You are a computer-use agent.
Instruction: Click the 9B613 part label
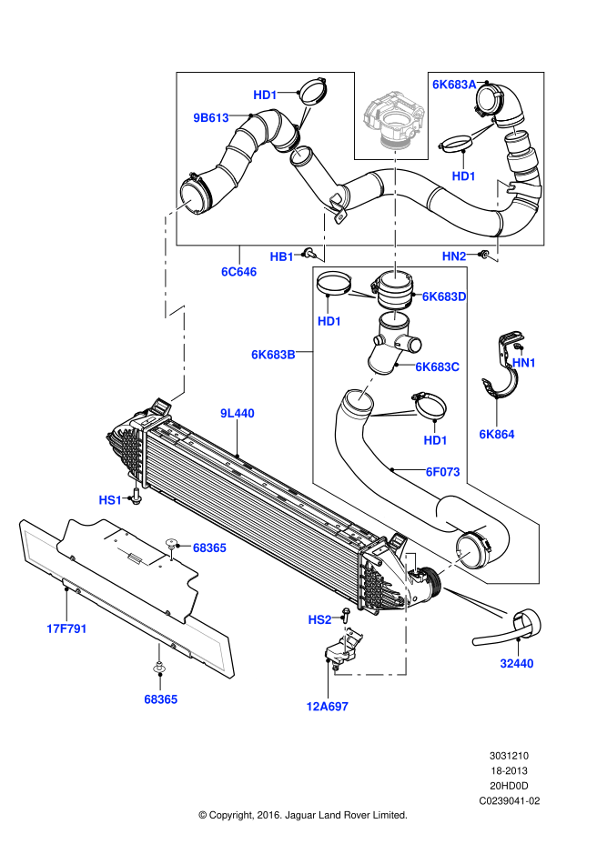[210, 117]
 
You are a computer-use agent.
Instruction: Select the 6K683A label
[454, 85]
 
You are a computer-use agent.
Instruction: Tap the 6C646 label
[238, 271]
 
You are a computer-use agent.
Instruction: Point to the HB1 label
[282, 256]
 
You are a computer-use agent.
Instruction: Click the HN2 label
[454, 256]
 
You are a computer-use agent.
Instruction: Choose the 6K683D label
[444, 296]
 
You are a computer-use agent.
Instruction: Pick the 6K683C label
[438, 367]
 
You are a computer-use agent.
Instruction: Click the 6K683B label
[274, 354]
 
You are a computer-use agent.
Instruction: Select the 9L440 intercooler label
[238, 413]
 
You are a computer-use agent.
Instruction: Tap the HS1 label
[111, 500]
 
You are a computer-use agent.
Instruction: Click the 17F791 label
[66, 628]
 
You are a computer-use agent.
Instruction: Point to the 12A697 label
[328, 706]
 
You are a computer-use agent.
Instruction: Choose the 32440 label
[516, 663]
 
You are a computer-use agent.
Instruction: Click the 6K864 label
[497, 434]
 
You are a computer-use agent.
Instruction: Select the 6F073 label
[442, 471]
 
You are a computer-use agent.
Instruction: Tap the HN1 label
[524, 362]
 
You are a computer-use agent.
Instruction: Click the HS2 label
[319, 619]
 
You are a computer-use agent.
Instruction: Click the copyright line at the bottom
[302, 815]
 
